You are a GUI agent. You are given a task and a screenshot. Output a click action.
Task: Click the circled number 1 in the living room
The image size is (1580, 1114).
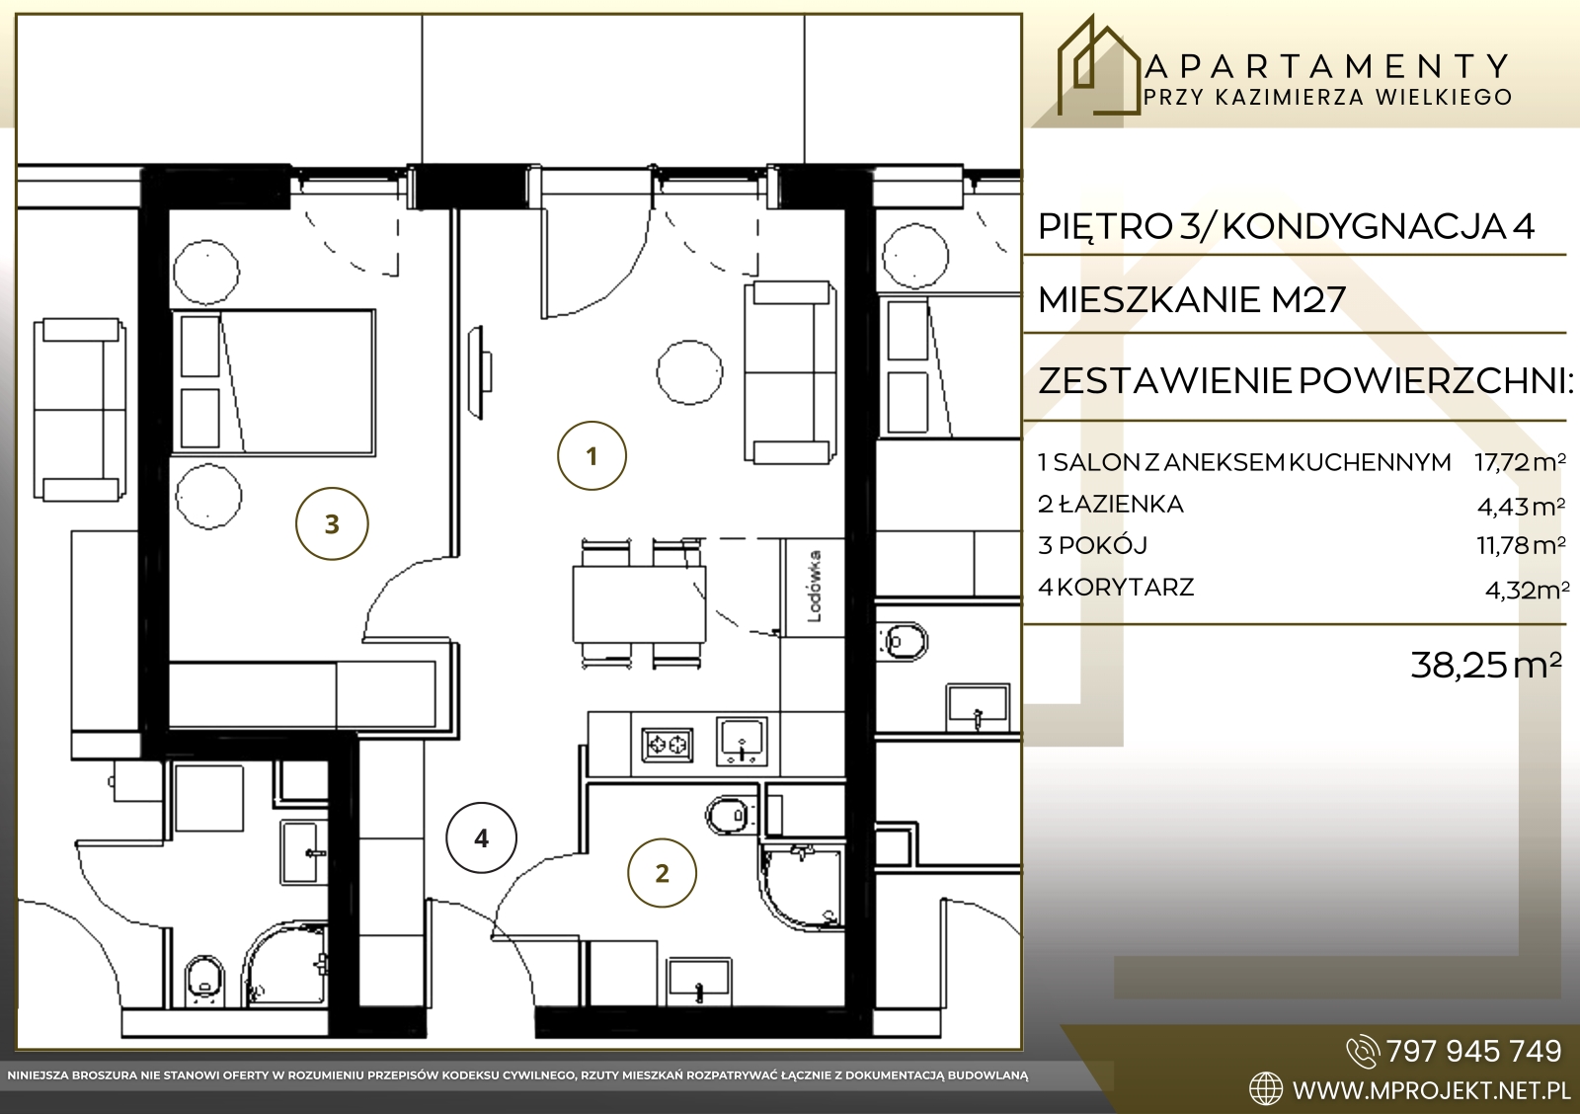[592, 455]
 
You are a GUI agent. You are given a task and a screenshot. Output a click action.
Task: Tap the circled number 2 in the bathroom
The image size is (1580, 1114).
[662, 873]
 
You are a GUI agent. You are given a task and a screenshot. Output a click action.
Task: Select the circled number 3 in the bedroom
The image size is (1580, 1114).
[332, 523]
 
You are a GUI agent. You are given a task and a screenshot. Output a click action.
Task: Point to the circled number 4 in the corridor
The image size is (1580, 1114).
[481, 837]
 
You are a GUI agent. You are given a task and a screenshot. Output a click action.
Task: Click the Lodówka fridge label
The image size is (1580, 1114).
[816, 587]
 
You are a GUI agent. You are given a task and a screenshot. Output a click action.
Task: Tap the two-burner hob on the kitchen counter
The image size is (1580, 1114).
[667, 745]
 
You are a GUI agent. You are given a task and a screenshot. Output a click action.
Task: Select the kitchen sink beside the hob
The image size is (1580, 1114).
[742, 742]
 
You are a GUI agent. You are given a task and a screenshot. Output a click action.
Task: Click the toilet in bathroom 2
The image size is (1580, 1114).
[730, 817]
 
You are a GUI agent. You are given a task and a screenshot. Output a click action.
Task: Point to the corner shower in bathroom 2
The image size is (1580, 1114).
[802, 886]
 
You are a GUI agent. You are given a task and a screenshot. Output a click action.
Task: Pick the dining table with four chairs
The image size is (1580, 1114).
[639, 603]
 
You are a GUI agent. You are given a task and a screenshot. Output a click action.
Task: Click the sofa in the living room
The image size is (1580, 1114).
[791, 372]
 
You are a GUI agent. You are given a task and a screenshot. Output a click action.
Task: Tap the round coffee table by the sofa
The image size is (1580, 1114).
[689, 371]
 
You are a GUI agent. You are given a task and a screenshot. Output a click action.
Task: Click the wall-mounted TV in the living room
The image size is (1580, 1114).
[481, 371]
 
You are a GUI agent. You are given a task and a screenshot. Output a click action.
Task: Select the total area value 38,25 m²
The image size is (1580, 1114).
[1485, 665]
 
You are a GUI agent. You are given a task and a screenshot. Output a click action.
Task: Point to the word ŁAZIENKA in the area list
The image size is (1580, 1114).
[1120, 504]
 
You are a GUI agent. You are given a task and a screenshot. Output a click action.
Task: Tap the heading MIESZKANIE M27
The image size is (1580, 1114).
[1192, 299]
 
